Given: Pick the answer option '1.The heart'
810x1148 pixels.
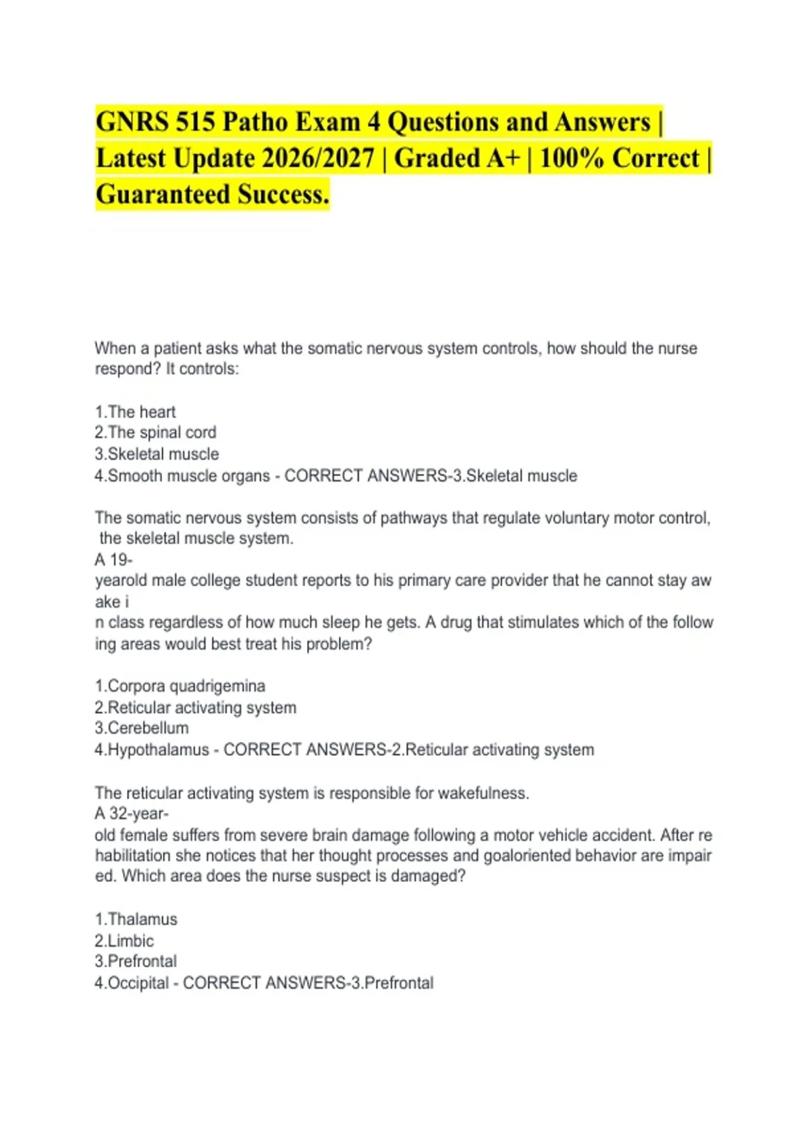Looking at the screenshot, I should click(x=135, y=412).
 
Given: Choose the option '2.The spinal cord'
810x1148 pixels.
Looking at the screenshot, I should click(x=155, y=432).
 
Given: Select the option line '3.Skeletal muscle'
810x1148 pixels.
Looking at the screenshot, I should click(x=157, y=454).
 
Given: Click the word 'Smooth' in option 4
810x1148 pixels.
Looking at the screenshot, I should click(x=135, y=475).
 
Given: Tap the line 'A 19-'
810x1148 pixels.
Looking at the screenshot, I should click(x=113, y=560).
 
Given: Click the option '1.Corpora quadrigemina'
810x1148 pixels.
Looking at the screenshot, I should click(x=180, y=686).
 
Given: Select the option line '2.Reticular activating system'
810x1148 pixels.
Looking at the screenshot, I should click(x=195, y=708).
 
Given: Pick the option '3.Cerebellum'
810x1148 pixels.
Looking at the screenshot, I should click(x=142, y=728).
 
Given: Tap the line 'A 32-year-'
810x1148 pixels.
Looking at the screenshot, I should click(x=132, y=814).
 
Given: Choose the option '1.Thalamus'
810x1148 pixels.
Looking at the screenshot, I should click(x=136, y=919).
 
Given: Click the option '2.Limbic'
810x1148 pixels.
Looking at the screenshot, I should click(x=124, y=941).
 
